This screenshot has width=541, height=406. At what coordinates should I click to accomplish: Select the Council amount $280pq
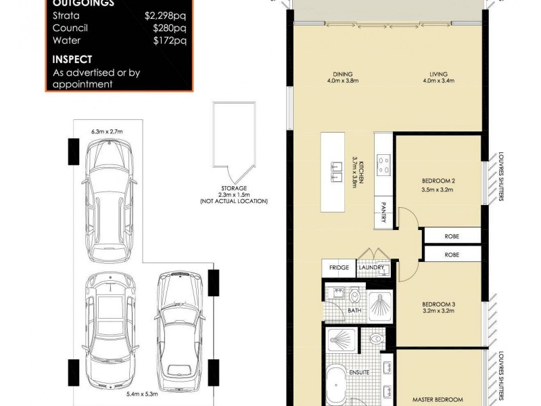click(170, 28)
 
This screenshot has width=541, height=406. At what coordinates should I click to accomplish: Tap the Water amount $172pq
click(170, 41)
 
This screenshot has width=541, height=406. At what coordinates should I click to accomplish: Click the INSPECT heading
click(72, 60)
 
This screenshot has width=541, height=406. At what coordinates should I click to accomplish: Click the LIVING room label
click(437, 74)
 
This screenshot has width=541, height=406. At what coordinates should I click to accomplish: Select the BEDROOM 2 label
click(437, 182)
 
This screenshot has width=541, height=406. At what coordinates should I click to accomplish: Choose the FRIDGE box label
click(339, 268)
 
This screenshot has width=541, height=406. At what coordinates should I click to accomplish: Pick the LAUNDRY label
click(371, 268)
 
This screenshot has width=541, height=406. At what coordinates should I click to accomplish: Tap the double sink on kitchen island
click(336, 172)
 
